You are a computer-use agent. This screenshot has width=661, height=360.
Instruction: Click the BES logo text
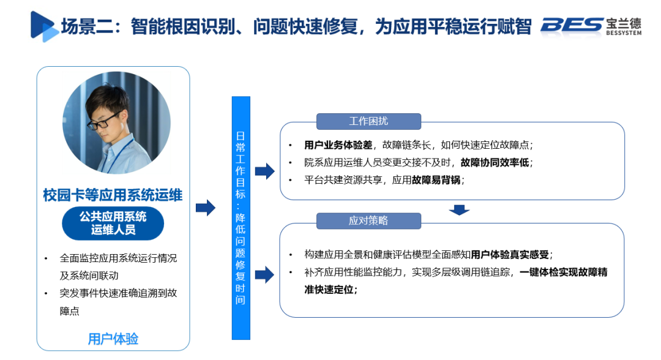[572, 24]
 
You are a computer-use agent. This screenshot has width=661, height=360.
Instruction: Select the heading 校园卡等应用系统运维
[113, 195]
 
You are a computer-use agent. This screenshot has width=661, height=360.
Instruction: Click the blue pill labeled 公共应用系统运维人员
[113, 223]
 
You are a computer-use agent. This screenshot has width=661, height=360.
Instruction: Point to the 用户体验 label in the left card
[113, 338]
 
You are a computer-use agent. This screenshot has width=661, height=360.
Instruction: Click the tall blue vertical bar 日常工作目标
[241, 218]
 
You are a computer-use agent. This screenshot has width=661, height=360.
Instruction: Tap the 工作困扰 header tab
[368, 121]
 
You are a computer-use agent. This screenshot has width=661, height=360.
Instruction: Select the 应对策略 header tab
[368, 221]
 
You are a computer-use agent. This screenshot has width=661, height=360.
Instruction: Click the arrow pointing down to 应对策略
[459, 210]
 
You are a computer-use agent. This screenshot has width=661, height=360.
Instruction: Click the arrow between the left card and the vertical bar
[206, 208]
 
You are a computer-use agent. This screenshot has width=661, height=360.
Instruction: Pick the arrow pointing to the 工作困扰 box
[264, 171]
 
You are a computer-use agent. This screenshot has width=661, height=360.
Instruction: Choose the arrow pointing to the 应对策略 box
[264, 275]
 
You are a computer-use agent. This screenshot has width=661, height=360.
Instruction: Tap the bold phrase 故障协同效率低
[496, 162]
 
